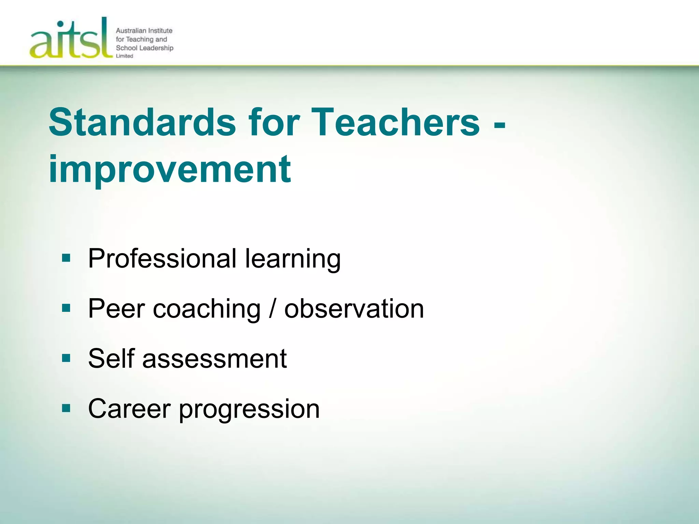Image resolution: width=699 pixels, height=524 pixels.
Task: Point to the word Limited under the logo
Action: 125,56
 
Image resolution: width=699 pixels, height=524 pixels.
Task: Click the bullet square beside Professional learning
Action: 66,258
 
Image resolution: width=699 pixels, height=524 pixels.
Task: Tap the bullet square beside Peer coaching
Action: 66,308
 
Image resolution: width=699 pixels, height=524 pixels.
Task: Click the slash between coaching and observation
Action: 272,308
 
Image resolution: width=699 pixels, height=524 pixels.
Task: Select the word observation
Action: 354,308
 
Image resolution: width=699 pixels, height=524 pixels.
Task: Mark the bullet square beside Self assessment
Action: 66,358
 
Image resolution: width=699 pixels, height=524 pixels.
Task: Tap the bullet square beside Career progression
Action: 66,408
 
